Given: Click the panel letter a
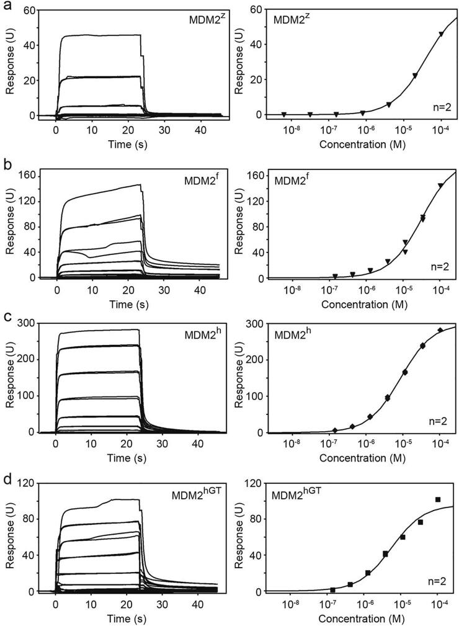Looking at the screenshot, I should click(x=6, y=6).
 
